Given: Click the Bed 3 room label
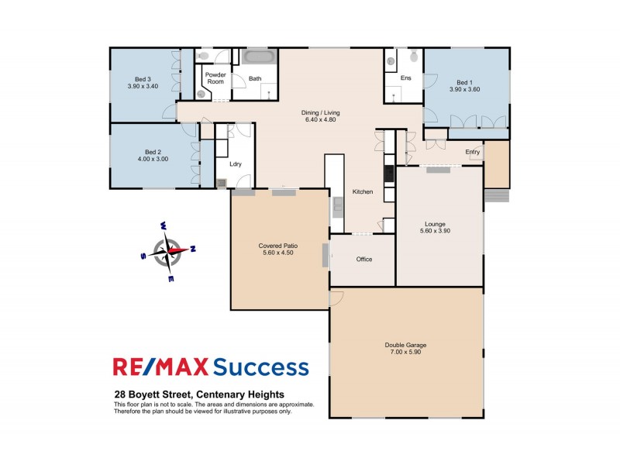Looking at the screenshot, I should coord(141,78).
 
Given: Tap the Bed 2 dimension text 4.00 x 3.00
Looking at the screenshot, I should coord(152,159).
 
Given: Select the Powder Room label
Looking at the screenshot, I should coord(215,78).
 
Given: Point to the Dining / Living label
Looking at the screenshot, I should coord(320,112).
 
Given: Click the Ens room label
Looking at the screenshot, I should coord(405,78).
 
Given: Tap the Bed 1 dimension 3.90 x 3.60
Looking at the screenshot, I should coord(464,90).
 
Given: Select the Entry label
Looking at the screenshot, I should coord(473,152).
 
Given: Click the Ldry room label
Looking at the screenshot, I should coord(236,164).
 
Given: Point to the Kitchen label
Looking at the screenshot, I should coord(363,191).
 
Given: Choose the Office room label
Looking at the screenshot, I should coord(364,259).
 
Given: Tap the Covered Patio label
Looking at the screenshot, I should coord(278,246).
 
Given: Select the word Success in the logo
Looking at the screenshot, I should coord(260,367).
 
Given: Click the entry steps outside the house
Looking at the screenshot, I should coord(496,195).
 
